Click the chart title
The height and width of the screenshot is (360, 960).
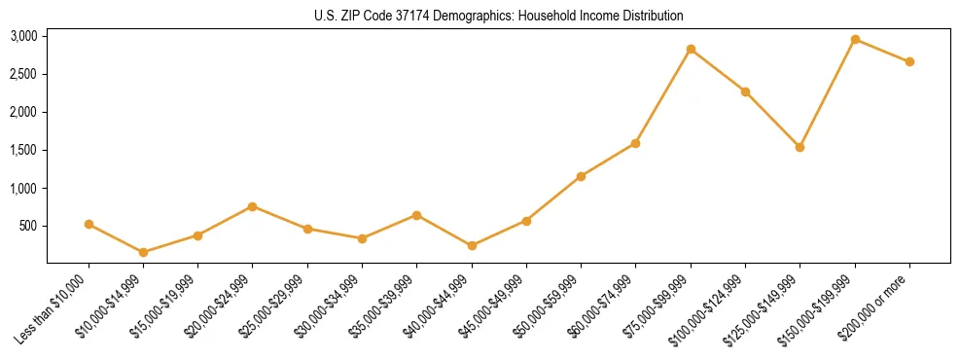click(x=498, y=16)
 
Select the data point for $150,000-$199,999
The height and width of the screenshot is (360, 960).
click(x=855, y=40)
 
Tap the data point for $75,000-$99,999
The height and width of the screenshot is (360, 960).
click(x=691, y=50)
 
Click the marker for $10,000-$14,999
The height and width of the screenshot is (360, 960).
click(x=144, y=252)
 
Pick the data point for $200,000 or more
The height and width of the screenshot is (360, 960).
click(x=909, y=61)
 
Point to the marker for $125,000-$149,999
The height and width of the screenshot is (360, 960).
click(x=800, y=147)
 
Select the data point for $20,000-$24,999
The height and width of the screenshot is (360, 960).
click(x=253, y=206)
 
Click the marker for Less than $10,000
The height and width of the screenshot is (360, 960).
click(x=89, y=224)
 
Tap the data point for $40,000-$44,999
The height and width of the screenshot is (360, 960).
click(x=472, y=245)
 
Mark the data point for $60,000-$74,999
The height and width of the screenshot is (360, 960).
click(x=635, y=143)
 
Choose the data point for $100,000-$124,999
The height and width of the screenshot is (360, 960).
click(x=745, y=91)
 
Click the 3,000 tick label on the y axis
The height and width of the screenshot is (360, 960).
click(x=23, y=36)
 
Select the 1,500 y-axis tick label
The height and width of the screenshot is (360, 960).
click(x=23, y=150)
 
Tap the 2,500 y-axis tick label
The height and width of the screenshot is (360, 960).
click(x=23, y=74)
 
